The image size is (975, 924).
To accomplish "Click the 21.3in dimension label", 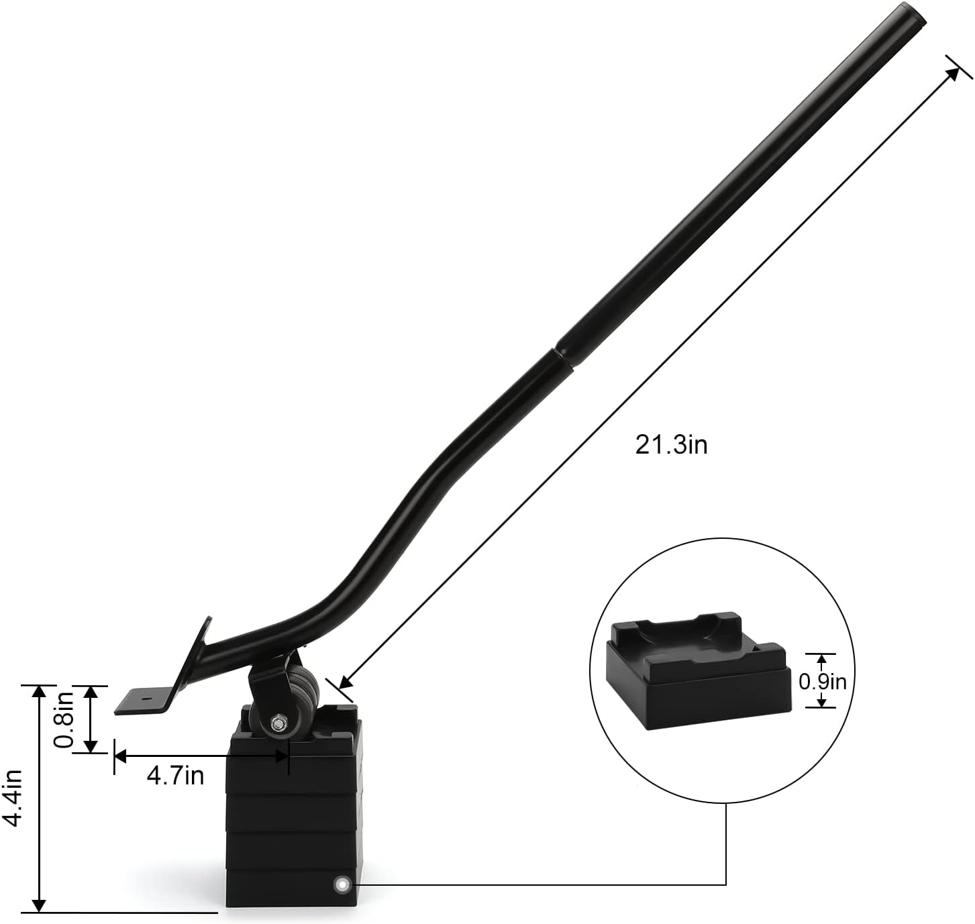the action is click(671, 444).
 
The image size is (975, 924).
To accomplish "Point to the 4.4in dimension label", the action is click(11, 798).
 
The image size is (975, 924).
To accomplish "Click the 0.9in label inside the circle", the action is click(822, 682).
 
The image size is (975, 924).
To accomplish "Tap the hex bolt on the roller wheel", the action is click(278, 722).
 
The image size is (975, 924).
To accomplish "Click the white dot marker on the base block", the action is click(341, 883).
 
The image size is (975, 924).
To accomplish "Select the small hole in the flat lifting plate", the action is click(145, 697).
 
